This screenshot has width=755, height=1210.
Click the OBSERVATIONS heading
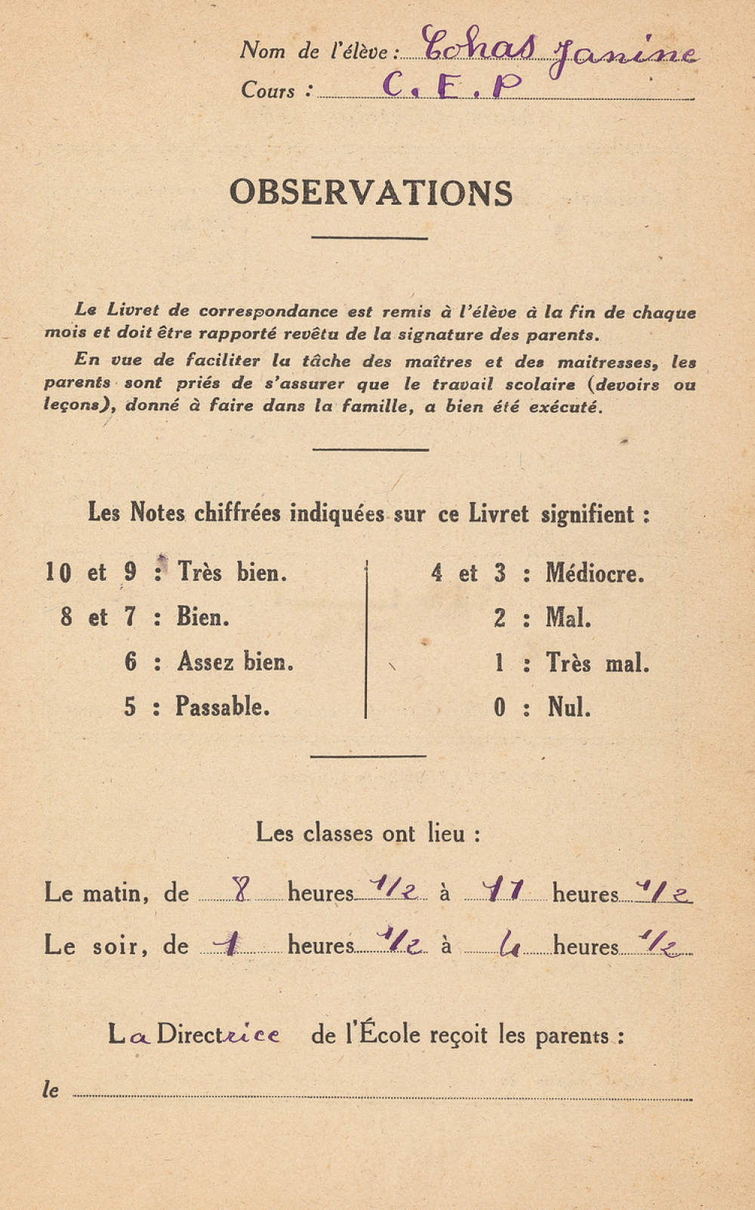371,193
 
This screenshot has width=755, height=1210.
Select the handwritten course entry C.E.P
451,85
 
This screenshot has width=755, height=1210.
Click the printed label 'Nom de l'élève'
314,51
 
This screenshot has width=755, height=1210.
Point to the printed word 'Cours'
268,91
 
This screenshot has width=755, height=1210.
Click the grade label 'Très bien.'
232,572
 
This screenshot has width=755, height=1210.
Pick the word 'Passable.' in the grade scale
222,706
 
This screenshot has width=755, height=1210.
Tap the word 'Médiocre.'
595,573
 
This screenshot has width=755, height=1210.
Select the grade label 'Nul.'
569,707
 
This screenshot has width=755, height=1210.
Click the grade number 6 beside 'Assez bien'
131,662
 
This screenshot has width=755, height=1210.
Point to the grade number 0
499,707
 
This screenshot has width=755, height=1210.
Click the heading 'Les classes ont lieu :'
368,833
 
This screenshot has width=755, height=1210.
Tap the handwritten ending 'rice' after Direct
251,1035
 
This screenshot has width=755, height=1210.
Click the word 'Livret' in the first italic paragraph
133,310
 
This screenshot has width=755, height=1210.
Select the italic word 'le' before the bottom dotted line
51,1089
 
